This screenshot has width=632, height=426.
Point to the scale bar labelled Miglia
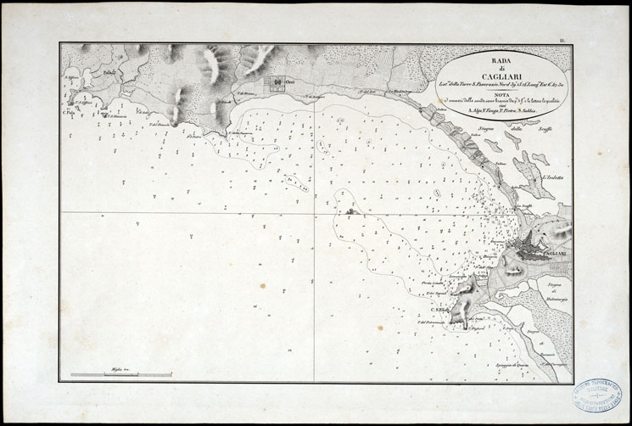pos(121,374)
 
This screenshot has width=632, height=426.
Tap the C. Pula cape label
pos(70,112)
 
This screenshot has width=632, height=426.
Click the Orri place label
pos(289,82)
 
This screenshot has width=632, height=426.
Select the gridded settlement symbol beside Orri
pos(276,84)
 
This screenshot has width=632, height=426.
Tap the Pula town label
pos(109,75)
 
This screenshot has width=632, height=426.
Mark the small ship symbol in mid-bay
pos(350,209)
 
